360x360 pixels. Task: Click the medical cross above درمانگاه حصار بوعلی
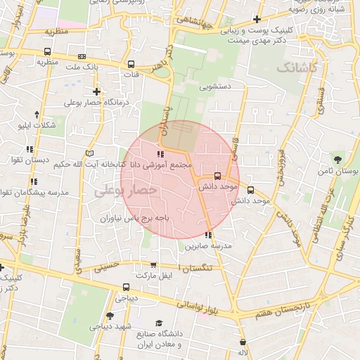96,91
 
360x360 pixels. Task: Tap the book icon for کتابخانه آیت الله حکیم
89,153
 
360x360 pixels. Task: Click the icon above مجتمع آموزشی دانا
160,153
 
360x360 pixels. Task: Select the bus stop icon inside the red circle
217,176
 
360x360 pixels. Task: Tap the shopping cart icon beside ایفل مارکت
153,265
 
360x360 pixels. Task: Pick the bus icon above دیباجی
126,287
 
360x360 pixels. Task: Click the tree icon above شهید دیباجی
110,316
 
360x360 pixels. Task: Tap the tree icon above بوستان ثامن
339,160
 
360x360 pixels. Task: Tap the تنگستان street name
198,268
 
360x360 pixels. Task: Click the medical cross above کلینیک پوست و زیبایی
258,19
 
